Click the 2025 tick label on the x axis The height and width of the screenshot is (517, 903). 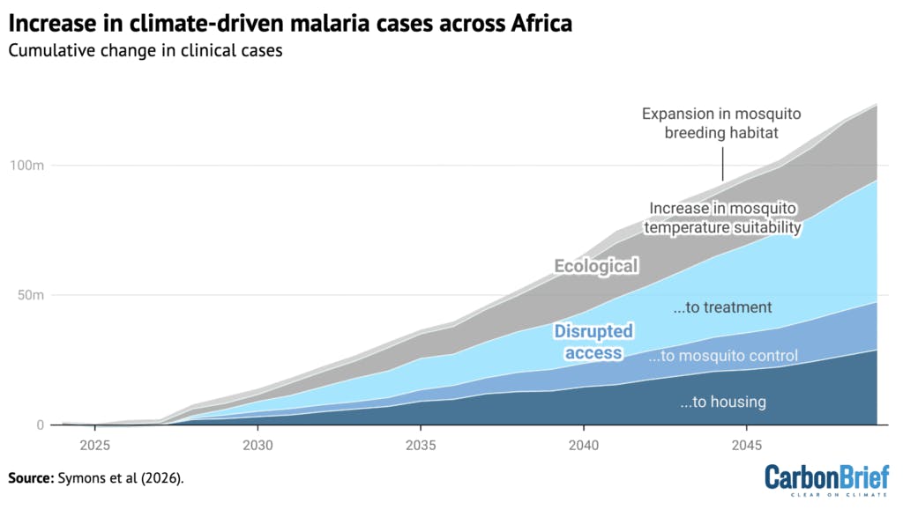(x=94, y=443)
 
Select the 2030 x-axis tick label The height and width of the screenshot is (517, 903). (x=257, y=443)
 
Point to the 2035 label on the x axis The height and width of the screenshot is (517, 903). (x=421, y=443)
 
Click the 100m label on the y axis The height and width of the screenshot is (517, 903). (x=26, y=166)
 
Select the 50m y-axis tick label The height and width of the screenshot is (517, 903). (x=29, y=295)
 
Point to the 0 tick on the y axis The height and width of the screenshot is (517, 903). (x=40, y=425)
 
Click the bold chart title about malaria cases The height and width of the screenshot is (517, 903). (x=290, y=23)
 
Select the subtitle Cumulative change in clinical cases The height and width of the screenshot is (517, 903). (x=145, y=50)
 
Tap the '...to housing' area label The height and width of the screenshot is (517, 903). (x=722, y=402)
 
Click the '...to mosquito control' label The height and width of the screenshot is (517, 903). (x=722, y=356)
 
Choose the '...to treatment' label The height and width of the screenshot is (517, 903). (x=722, y=307)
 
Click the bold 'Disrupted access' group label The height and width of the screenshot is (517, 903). (x=593, y=342)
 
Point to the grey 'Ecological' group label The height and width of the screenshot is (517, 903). (x=596, y=266)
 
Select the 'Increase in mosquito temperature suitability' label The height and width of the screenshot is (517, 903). (x=723, y=218)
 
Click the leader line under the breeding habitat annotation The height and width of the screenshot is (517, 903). (x=723, y=165)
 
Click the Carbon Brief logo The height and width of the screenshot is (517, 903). (x=820, y=480)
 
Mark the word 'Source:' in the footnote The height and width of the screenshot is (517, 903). (x=34, y=478)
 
